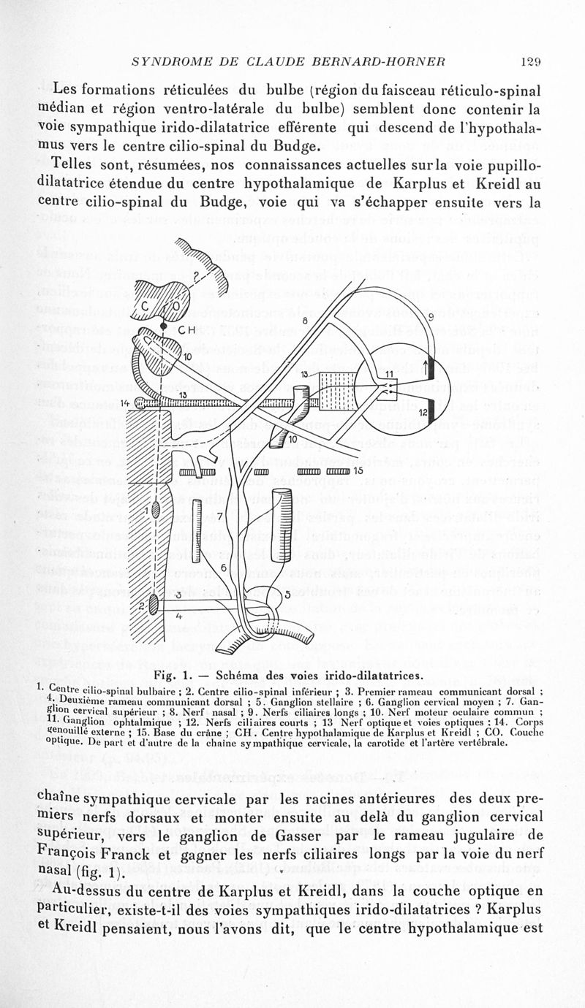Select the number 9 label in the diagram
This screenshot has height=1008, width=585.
tap(431, 317)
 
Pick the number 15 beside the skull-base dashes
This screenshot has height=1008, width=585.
tap(358, 470)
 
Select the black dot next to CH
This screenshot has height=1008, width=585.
tap(162, 330)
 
